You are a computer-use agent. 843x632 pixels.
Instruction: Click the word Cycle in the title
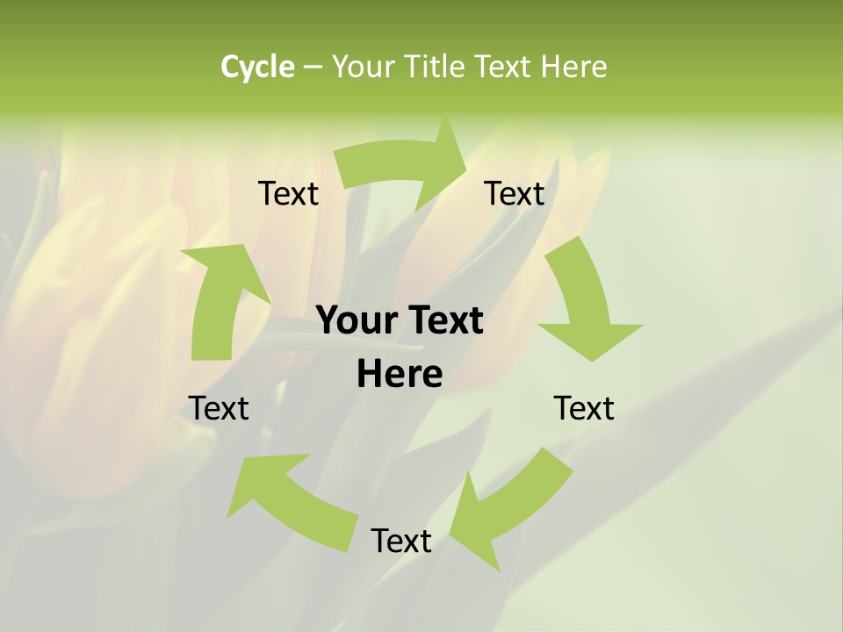[x=257, y=67]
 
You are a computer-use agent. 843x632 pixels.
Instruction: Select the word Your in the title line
[x=362, y=67]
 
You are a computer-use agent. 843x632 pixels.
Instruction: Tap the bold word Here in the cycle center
[x=400, y=374]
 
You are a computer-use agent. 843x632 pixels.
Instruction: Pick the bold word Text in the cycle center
[x=443, y=320]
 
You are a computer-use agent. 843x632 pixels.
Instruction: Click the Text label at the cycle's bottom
[x=401, y=541]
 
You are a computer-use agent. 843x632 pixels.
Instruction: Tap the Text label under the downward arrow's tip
[x=584, y=408]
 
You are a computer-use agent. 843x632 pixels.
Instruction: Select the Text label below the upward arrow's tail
[x=219, y=408]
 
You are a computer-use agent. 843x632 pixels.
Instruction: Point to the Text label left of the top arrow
[x=288, y=193]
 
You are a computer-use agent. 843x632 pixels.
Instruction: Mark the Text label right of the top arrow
[x=515, y=193]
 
